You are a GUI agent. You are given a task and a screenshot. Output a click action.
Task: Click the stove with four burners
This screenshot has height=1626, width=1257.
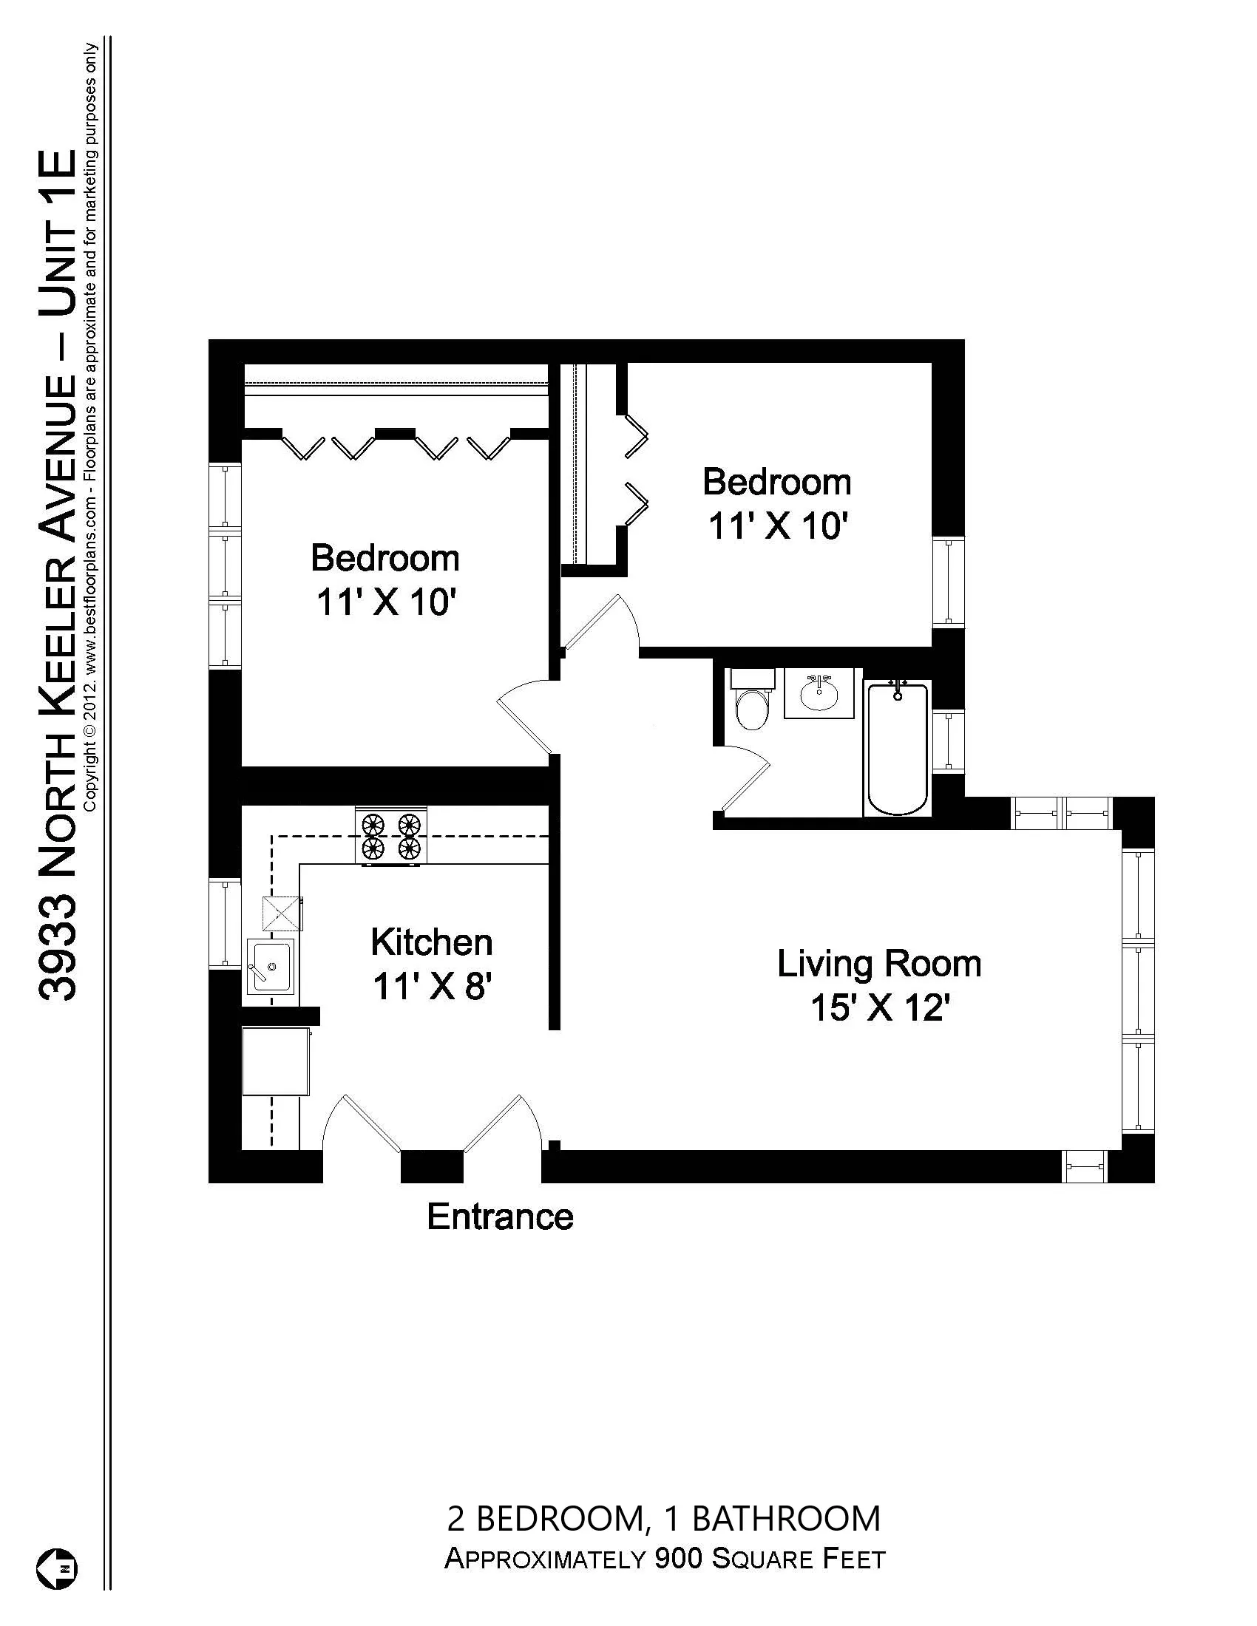pos(391,836)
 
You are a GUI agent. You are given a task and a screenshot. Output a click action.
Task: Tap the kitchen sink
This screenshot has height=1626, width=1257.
pos(271,966)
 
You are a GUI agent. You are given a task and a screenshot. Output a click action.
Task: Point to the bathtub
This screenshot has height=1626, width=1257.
pos(898,748)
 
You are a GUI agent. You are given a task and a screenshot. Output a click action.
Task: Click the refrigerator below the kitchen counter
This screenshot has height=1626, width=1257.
pos(277,1061)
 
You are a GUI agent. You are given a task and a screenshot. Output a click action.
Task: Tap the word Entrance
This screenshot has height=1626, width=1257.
pos(500,1217)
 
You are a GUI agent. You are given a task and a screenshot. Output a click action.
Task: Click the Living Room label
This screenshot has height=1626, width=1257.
pos(878,963)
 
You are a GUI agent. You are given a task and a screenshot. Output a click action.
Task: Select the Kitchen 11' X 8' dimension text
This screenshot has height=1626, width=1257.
pos(431,987)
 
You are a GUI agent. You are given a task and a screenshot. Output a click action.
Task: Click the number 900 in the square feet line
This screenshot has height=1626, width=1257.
pos(677,1558)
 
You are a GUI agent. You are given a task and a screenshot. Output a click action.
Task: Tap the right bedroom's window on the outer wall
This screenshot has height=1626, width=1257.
pos(948,581)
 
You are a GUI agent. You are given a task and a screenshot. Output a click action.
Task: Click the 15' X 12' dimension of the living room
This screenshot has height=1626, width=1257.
pos(878,1009)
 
